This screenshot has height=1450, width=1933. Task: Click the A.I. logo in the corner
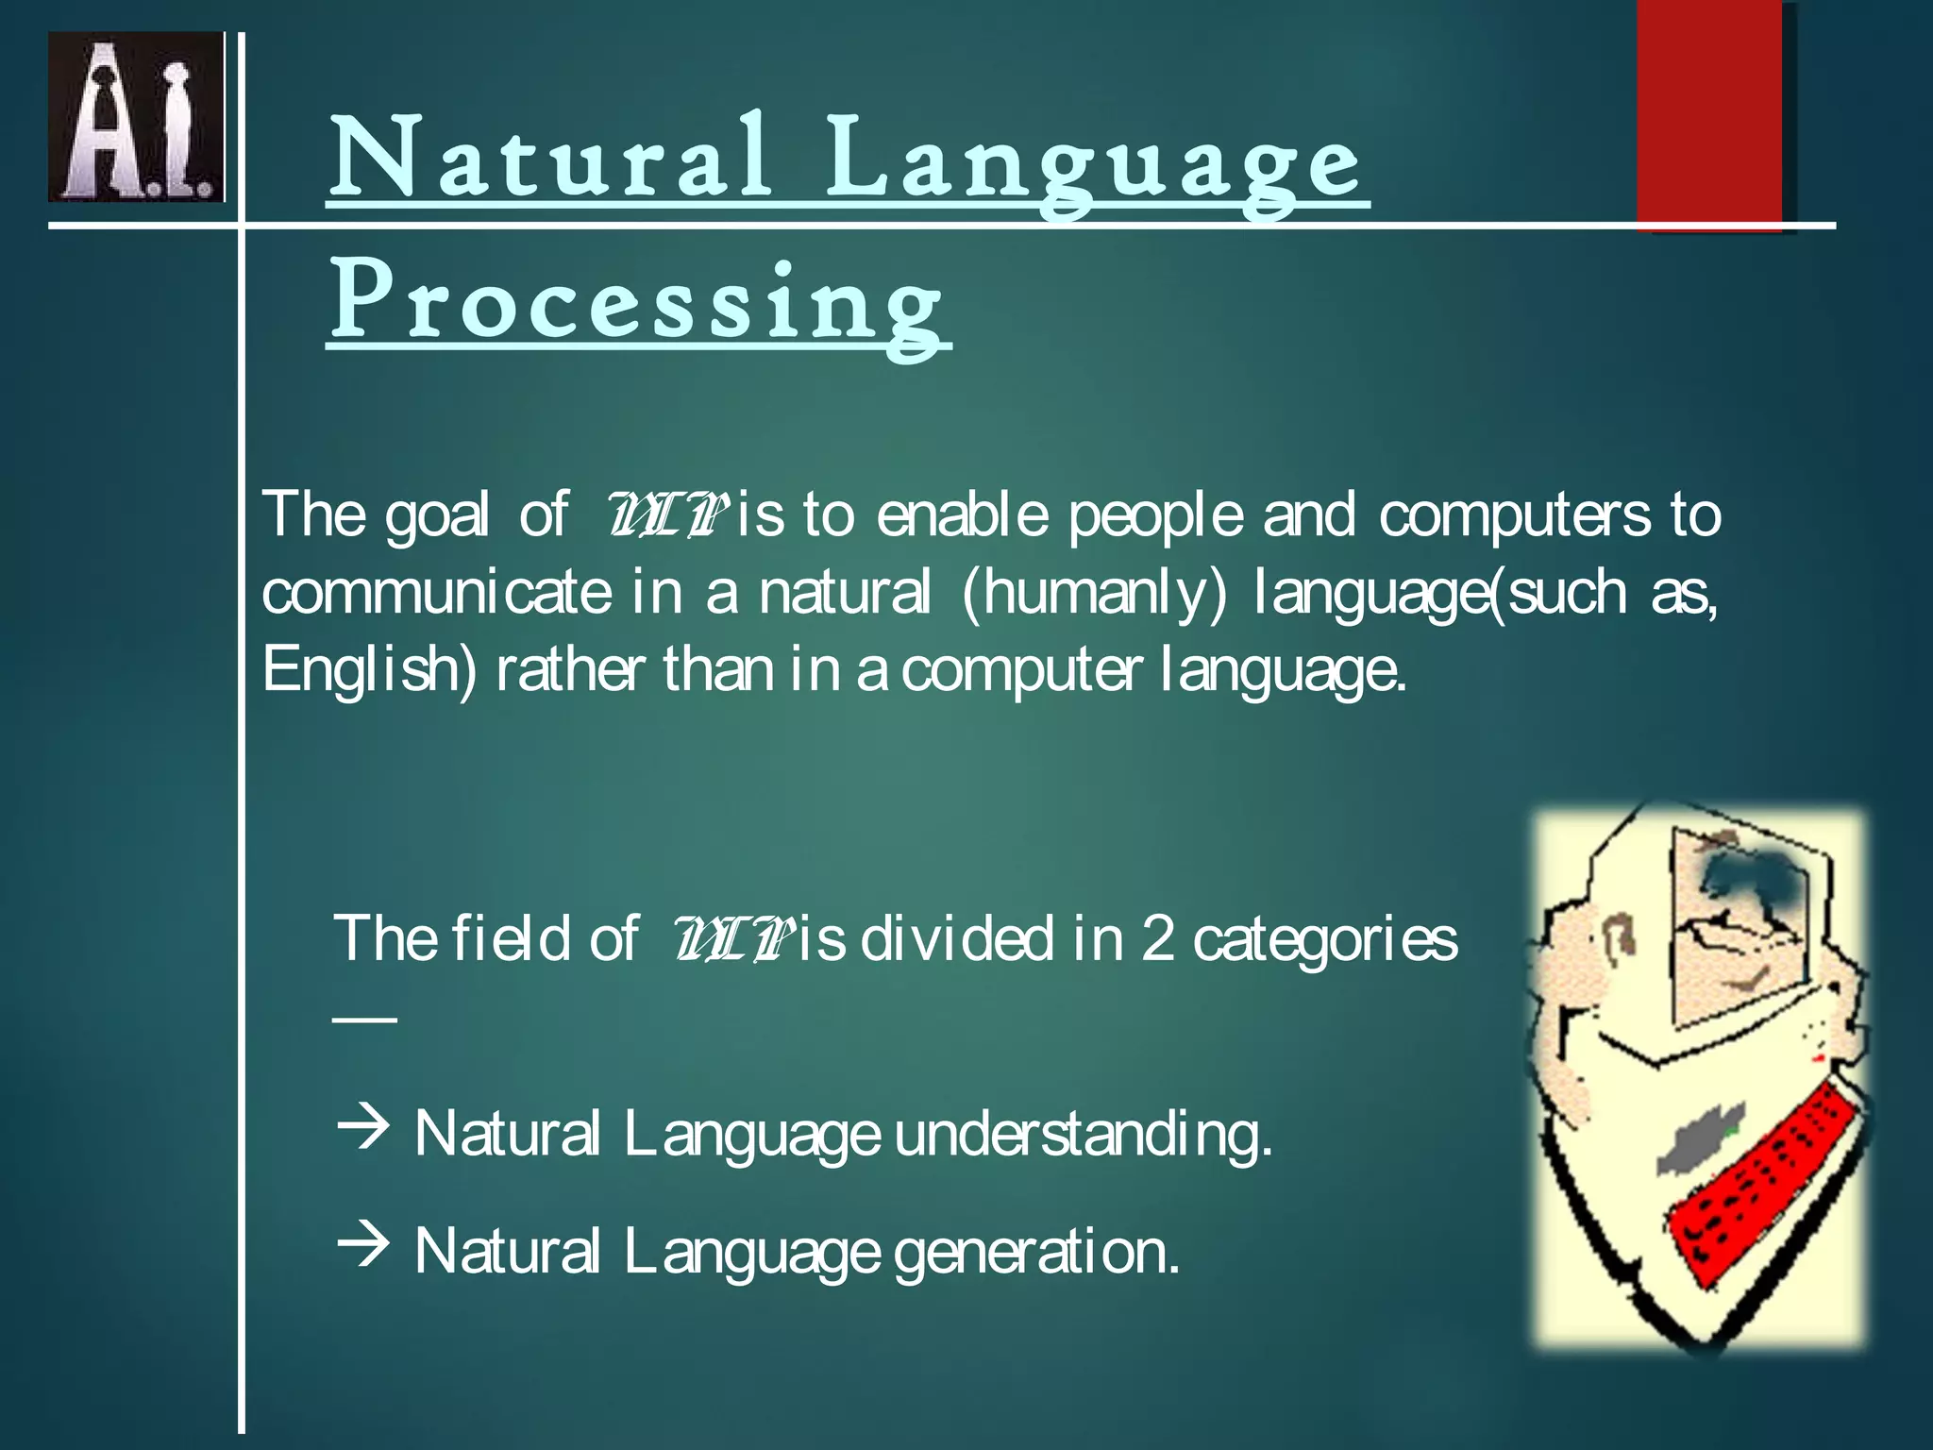136,117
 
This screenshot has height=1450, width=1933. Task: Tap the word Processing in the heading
637,302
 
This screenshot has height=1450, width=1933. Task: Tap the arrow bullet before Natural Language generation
362,1245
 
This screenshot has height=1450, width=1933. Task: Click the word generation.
1035,1253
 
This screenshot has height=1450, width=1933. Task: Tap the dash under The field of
364,1019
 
